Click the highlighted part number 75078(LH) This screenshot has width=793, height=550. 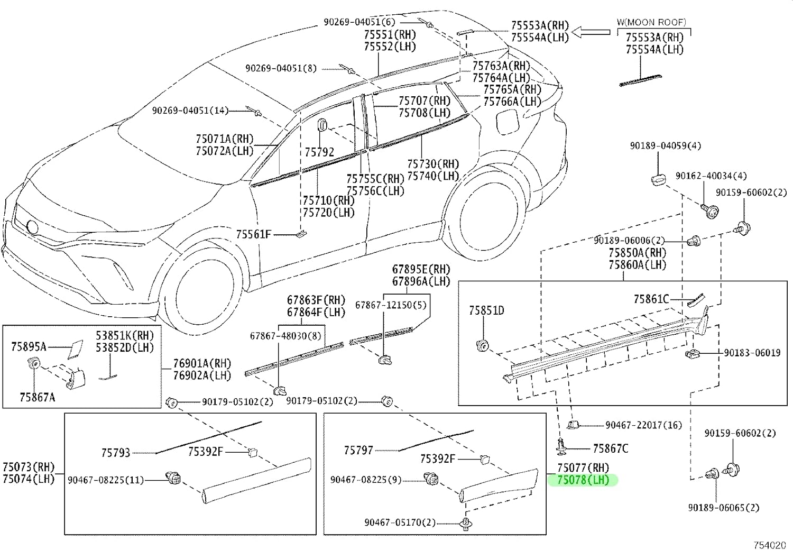pos(583,480)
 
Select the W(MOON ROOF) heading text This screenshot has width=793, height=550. pos(651,22)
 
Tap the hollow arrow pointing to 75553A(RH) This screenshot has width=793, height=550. pos(591,32)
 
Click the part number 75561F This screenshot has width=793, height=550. pos(253,234)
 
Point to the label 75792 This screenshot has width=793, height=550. pos(319,152)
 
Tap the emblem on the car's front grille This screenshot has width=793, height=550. pos(32,227)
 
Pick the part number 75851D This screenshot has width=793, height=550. pos(486,310)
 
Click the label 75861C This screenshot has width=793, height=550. pos(651,299)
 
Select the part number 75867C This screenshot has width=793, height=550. pos(611,448)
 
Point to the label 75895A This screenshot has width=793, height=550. pos(29,347)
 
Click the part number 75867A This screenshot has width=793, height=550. pos(37,397)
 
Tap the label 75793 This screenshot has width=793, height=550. pos(115,453)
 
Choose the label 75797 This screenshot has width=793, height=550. pos(358,450)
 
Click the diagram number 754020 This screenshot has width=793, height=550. pos(769,545)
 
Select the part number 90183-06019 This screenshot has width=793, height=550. pos(752,353)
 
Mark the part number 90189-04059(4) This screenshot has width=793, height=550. pos(665,145)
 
